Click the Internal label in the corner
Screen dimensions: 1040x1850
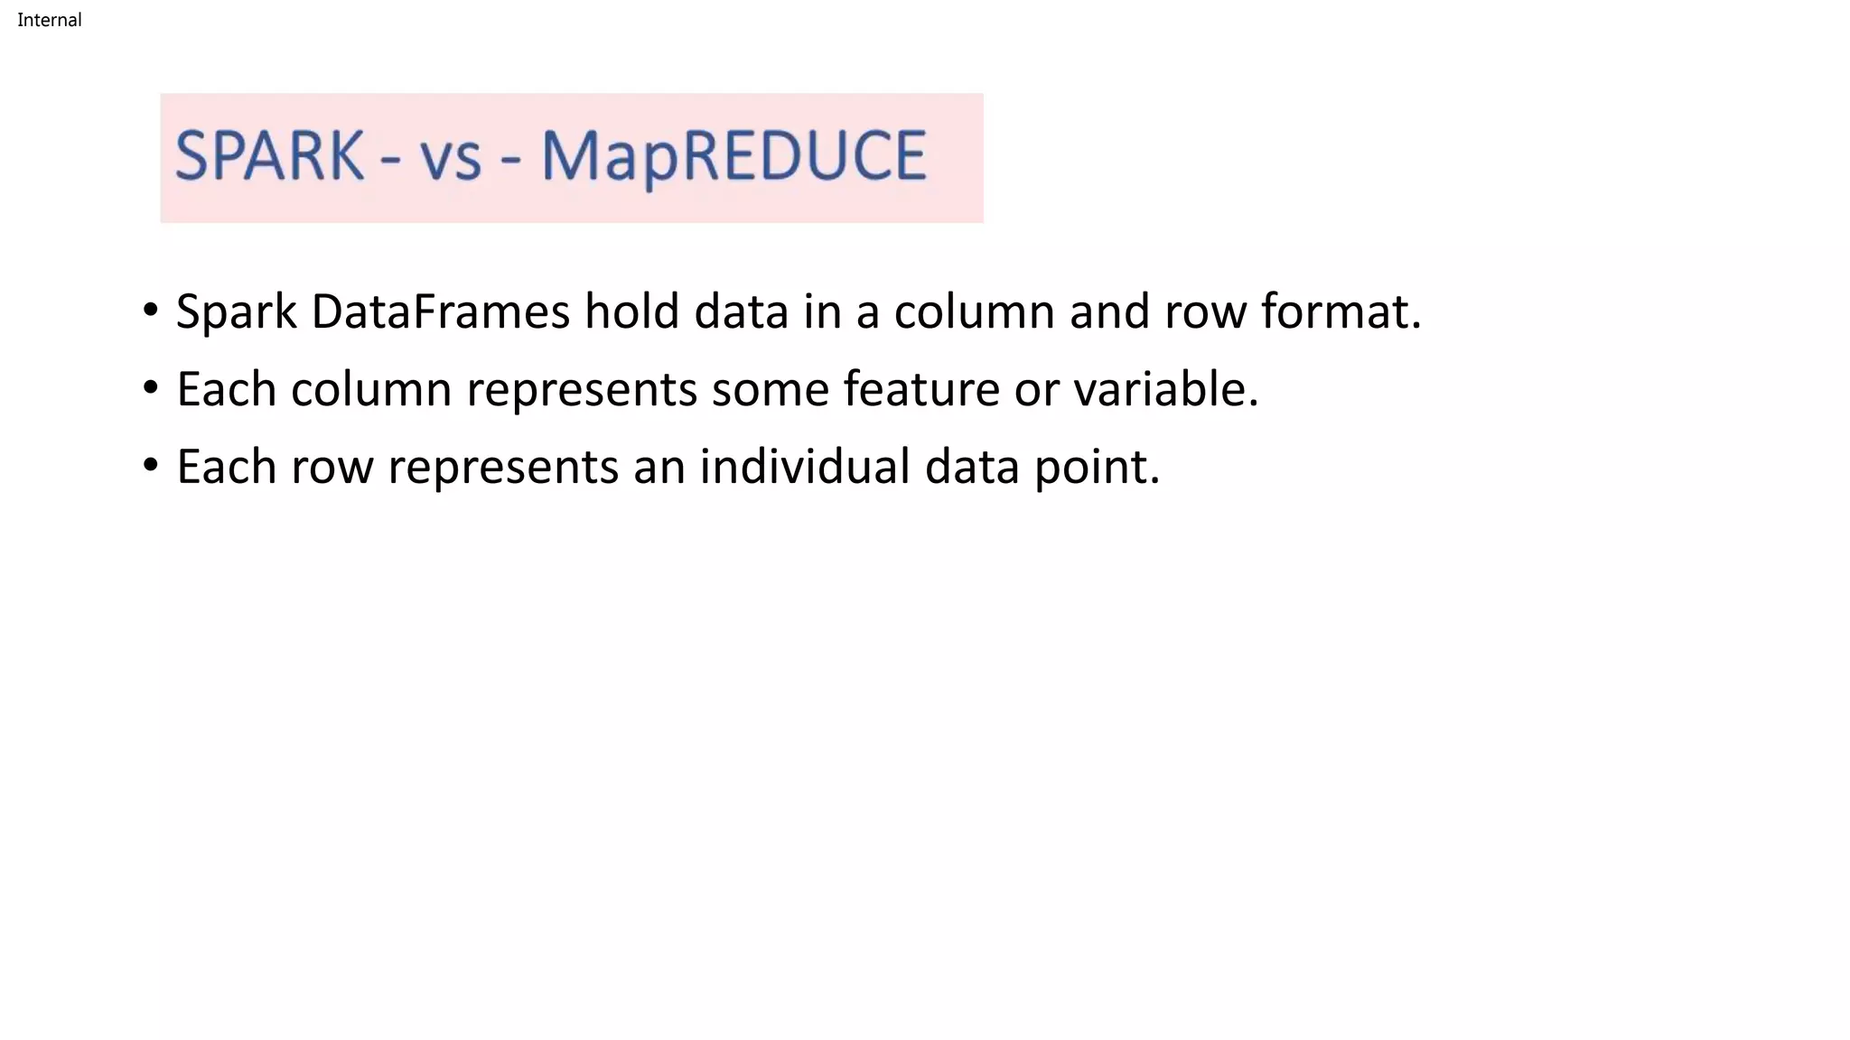click(x=50, y=20)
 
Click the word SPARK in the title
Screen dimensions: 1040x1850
click(x=269, y=156)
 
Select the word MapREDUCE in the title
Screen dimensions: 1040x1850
click(x=733, y=157)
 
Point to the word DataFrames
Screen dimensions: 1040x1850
click(x=440, y=311)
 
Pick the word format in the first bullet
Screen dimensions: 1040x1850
click(x=1341, y=311)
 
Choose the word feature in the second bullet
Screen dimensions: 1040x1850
click(x=921, y=389)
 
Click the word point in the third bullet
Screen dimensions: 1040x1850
click(x=1096, y=469)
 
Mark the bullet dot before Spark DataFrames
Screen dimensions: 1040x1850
click(x=151, y=311)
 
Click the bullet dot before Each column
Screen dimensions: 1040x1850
click(x=151, y=388)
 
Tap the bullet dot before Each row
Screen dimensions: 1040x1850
click(x=151, y=466)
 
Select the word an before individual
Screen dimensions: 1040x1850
click(x=659, y=469)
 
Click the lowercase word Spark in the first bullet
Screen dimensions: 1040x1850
click(x=236, y=313)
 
